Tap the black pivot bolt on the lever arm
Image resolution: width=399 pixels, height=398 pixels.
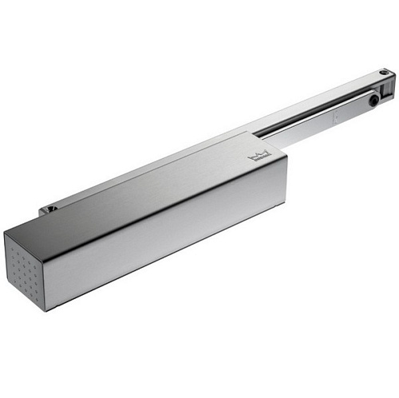373,102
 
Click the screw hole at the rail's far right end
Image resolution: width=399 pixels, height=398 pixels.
385,74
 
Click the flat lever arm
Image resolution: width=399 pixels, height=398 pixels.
319,120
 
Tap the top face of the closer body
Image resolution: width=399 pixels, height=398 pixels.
152,187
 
